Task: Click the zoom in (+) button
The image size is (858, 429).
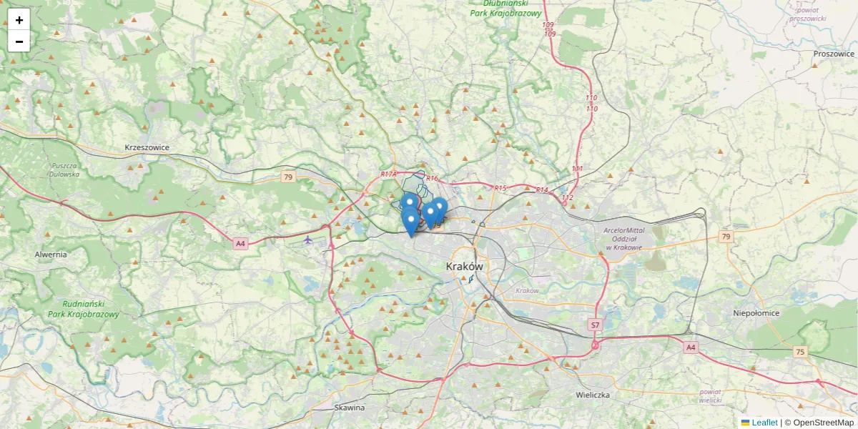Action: (x=19, y=20)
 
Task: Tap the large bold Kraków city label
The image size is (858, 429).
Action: (x=464, y=266)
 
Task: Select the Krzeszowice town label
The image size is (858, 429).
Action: (x=147, y=147)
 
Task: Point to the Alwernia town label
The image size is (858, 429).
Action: (x=51, y=254)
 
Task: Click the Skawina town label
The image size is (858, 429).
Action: (x=350, y=408)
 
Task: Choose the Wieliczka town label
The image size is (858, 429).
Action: (x=592, y=395)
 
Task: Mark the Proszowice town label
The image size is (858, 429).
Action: (x=834, y=54)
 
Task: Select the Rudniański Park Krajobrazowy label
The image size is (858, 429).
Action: (x=83, y=309)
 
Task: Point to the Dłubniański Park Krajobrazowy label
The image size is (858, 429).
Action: (x=506, y=8)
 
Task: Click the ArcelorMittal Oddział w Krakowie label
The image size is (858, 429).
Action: (x=623, y=238)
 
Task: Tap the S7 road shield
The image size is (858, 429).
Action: (x=595, y=325)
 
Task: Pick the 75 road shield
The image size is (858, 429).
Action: (x=799, y=351)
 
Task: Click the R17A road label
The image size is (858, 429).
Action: (x=388, y=174)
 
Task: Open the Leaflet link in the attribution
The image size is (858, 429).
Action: (x=764, y=423)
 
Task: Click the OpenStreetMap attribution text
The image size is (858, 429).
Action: (x=823, y=423)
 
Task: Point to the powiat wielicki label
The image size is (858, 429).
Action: (x=711, y=396)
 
